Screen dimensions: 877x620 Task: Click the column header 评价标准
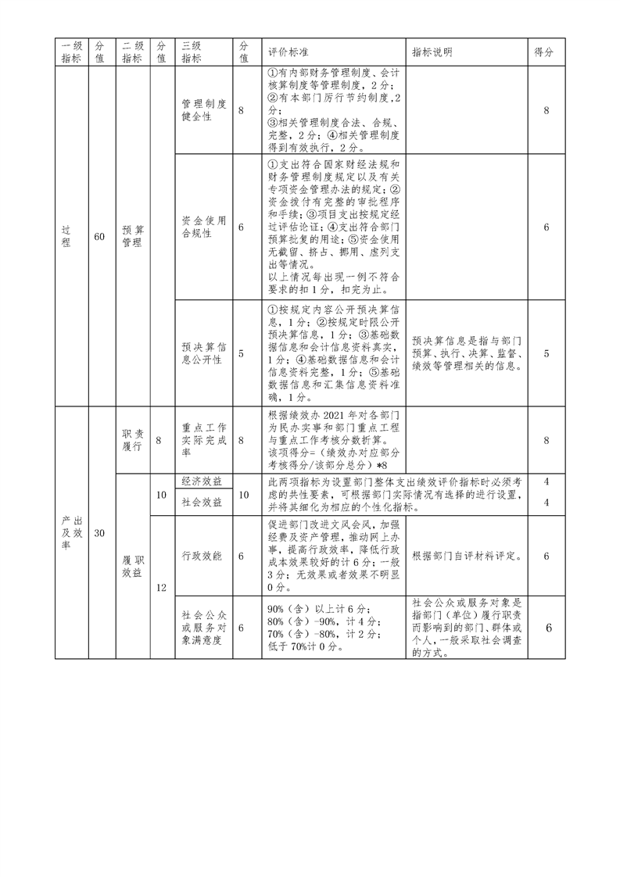(x=288, y=52)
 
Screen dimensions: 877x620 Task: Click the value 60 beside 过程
(x=99, y=237)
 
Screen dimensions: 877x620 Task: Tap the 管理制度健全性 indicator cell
(x=204, y=110)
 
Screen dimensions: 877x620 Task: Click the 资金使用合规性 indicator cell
(x=204, y=227)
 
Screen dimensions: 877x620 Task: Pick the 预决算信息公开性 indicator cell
(x=204, y=353)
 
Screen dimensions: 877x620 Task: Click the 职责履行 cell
(x=133, y=441)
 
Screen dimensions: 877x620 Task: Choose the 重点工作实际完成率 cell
(x=204, y=441)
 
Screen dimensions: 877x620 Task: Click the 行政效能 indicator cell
(x=202, y=556)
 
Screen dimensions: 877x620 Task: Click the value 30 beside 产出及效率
(x=99, y=533)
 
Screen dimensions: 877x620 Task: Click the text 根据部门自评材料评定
(x=466, y=556)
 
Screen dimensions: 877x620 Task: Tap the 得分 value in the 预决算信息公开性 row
(x=546, y=353)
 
